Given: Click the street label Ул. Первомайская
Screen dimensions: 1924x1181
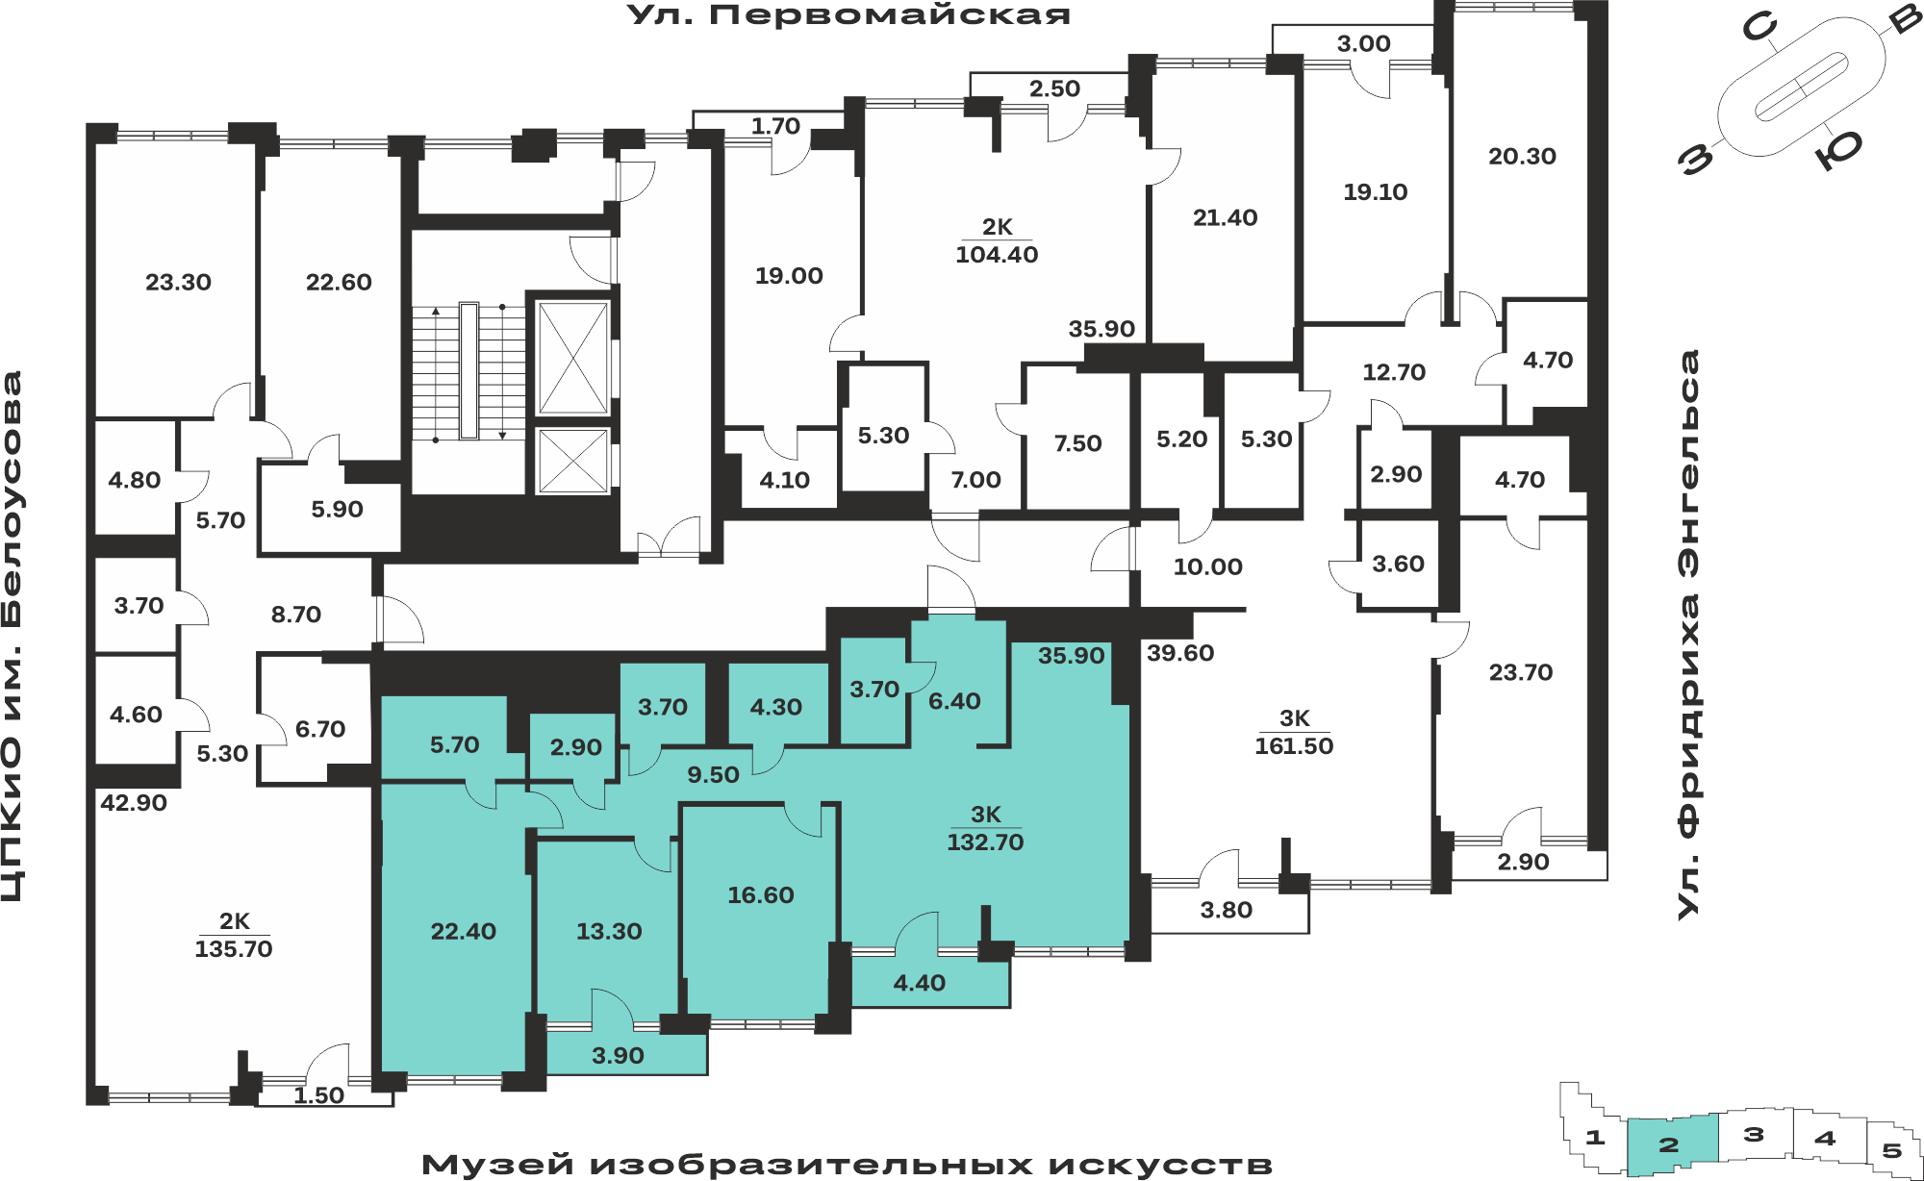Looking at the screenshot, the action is [x=848, y=16].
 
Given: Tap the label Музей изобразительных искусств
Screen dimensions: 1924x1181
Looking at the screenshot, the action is [x=847, y=1165].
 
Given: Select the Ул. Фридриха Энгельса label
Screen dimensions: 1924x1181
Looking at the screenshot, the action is [x=1688, y=635].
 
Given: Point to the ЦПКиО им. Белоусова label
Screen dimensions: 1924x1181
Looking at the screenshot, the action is [x=13, y=637].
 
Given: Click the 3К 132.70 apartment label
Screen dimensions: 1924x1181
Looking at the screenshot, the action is [x=985, y=829].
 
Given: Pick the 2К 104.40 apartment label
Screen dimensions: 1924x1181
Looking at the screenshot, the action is [x=997, y=241].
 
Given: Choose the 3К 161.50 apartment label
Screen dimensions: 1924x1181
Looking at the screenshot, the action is [x=1294, y=733].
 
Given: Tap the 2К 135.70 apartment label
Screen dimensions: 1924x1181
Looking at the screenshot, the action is [x=234, y=936].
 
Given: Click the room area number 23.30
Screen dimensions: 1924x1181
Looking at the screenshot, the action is [x=178, y=283].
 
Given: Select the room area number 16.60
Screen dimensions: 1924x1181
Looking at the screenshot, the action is [x=761, y=895].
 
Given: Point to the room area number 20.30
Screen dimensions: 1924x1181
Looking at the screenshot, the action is [x=1522, y=156].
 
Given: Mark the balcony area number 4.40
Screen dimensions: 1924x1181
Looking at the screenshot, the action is [x=920, y=983].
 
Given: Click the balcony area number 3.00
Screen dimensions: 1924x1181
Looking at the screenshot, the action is [x=1364, y=43].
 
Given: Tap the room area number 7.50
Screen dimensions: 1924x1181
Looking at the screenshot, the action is [x=1077, y=443].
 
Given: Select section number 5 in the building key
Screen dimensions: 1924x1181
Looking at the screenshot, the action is [x=1892, y=1150].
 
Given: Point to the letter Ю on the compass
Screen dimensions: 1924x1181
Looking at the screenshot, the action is [x=1839, y=149].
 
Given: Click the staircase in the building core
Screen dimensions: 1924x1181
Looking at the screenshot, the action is [x=468, y=371].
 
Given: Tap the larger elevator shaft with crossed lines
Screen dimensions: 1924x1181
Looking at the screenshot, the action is [x=573, y=358].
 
